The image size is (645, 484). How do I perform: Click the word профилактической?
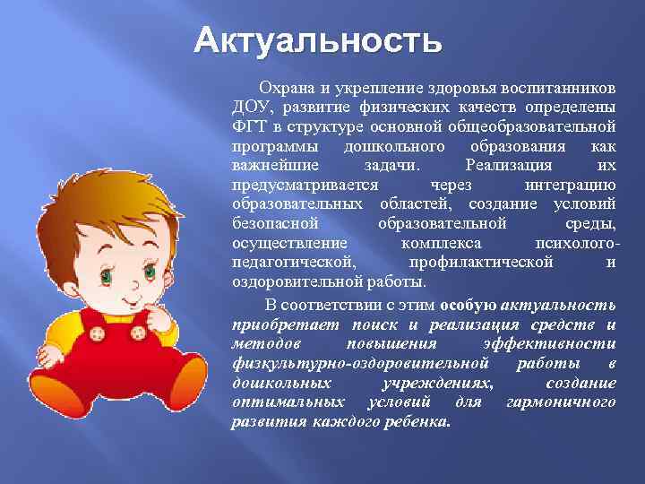(480, 263)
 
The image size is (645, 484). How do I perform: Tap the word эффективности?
(561, 343)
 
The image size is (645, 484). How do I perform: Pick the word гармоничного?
(561, 402)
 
